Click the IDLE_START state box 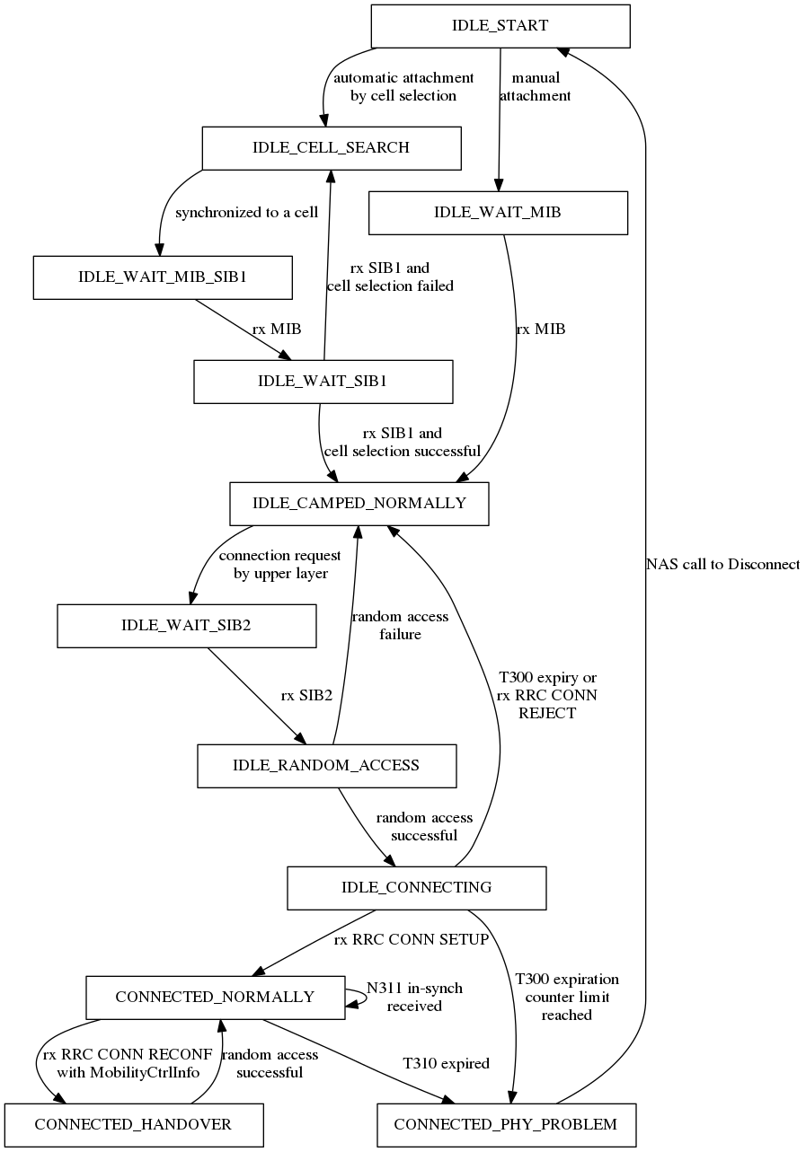pos(500,26)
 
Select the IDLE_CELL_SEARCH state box pos(331,148)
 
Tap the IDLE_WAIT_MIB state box pos(498,213)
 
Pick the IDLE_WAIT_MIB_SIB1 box pos(163,277)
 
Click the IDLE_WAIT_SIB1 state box pos(323,382)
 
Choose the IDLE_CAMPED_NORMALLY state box pos(359,504)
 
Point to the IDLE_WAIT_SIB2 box pos(186,626)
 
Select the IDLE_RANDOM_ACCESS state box pos(326,766)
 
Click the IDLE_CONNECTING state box pos(416,888)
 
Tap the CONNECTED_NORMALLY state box pos(215,998)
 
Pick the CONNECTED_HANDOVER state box pos(133,1125)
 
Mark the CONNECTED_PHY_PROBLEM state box pos(506,1125)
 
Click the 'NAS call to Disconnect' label pos(722,565)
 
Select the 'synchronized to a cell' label pos(246,214)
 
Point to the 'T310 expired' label pos(446,1064)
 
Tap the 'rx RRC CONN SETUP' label pos(411,940)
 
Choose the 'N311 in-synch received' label pos(414,998)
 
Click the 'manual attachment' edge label pos(535,87)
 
